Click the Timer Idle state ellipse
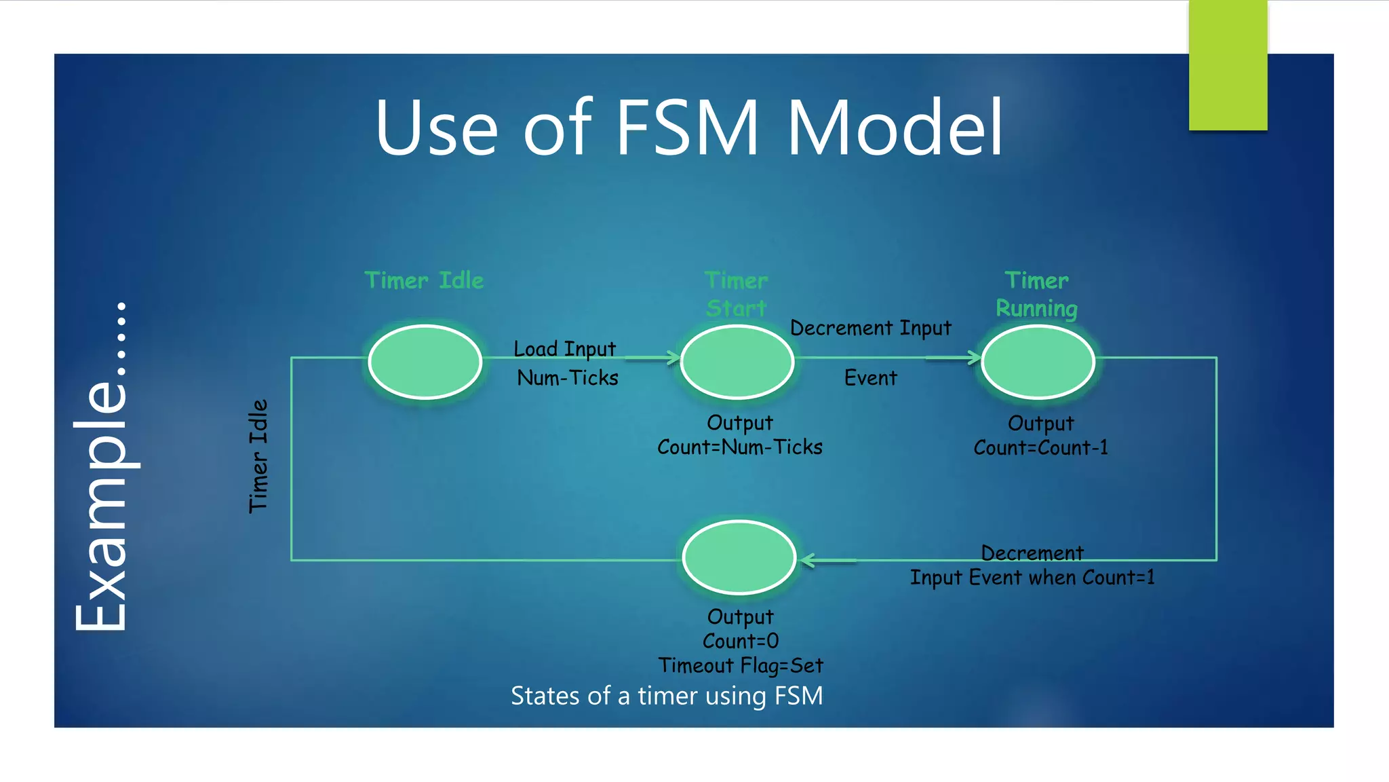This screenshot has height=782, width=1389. pos(425,362)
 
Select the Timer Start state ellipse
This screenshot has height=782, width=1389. pos(737,362)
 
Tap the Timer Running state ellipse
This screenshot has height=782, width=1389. pos(1038,362)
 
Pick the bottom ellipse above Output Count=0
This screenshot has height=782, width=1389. pos(739,557)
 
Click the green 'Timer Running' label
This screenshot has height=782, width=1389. pos(1036,295)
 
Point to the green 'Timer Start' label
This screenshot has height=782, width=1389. pos(737,295)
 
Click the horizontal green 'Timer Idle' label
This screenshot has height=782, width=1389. pos(425,280)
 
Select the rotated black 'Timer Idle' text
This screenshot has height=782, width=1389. pos(258,456)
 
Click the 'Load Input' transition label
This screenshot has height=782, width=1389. pos(565,349)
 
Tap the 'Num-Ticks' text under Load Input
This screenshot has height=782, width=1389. pos(568,377)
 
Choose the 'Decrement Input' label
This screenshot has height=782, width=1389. pos(871,328)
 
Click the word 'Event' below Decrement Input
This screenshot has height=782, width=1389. pos(870,377)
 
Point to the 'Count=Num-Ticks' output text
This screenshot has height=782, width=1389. pos(740,447)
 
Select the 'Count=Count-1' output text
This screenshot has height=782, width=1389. pos(1041,448)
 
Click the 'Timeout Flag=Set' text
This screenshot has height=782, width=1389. pos(741,665)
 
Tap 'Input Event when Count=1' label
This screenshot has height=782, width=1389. pos(1032,578)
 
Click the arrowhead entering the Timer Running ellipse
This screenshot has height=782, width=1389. pos(975,358)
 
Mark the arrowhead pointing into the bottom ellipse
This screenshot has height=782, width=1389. pos(807,561)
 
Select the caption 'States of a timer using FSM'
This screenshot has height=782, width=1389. pos(667,696)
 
